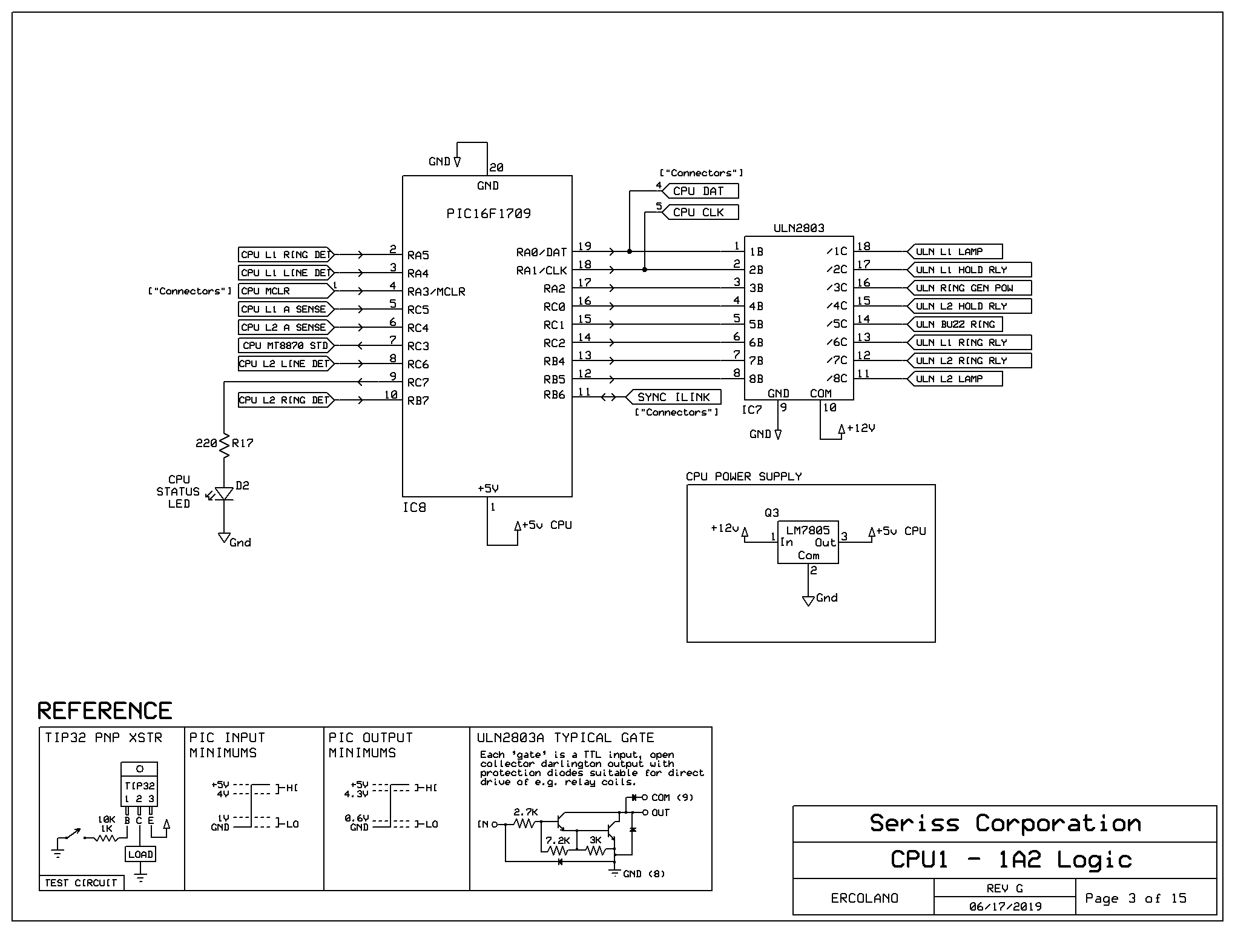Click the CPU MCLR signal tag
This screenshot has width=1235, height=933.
[x=286, y=291]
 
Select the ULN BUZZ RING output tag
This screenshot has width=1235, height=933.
[x=955, y=324]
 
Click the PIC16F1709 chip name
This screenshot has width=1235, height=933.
[x=488, y=213]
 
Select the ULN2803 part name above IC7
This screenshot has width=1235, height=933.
[x=799, y=228]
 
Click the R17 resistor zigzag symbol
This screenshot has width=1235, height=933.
[x=224, y=446]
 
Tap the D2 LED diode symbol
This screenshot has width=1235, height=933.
[x=224, y=494]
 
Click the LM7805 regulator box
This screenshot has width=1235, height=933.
[x=808, y=542]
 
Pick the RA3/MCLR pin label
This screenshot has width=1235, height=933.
[x=436, y=291]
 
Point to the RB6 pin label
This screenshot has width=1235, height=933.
[x=554, y=394]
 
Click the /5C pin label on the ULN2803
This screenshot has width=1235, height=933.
[x=837, y=324]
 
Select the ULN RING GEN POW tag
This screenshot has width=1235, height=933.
[x=969, y=288]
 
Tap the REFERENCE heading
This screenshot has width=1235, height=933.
[x=105, y=711]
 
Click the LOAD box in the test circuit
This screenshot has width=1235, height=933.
[x=140, y=854]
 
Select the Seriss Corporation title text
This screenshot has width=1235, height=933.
[x=1005, y=823]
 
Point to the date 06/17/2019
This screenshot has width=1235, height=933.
[x=1005, y=906]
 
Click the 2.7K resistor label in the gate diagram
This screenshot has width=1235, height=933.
[x=525, y=812]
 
